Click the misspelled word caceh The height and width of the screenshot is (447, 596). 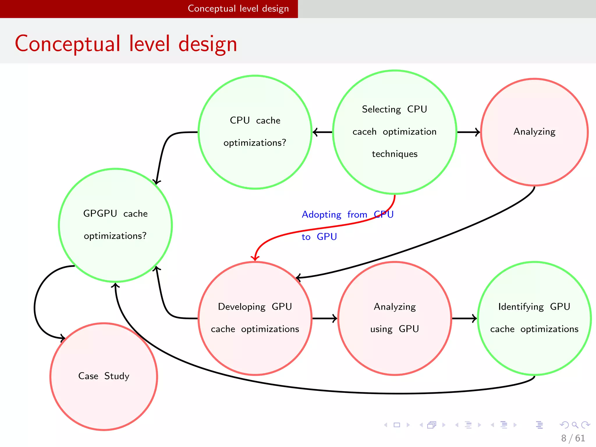click(x=364, y=132)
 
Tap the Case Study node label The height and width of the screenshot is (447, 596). click(x=104, y=376)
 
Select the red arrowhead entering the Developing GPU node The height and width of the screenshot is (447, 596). click(x=255, y=258)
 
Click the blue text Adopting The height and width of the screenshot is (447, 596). click(x=321, y=215)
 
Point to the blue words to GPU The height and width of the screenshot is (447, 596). click(x=319, y=237)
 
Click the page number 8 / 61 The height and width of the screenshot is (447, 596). click(x=573, y=438)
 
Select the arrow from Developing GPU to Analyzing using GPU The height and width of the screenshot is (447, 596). click(x=324, y=318)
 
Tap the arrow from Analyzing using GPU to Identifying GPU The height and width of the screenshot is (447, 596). click(x=464, y=318)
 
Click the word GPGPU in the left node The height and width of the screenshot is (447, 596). click(x=100, y=213)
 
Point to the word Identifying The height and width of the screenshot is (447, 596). click(x=521, y=307)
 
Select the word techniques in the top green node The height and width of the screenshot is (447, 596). click(x=395, y=154)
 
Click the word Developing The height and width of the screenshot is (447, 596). click(x=242, y=307)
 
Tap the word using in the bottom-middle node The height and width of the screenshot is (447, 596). click(x=381, y=329)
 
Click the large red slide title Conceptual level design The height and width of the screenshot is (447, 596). click(x=126, y=44)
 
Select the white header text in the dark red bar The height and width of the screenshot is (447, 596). click(x=238, y=8)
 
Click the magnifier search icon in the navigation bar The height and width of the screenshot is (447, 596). click(x=575, y=425)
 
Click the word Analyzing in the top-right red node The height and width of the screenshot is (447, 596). click(x=534, y=132)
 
